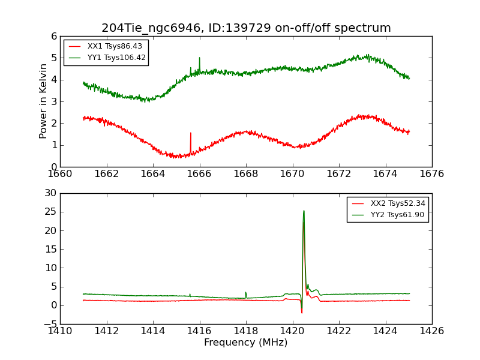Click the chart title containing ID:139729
tap(246, 28)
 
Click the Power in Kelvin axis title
tap(43, 101)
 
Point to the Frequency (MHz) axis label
tap(246, 343)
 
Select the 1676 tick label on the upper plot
tap(431, 174)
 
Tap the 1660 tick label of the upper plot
tap(60, 174)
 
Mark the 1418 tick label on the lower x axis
tap(246, 331)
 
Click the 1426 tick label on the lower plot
tap(431, 331)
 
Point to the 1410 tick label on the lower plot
tap(60, 331)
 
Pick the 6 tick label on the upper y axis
tap(54, 36)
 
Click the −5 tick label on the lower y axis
tap(50, 324)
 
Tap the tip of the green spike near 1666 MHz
tap(199, 58)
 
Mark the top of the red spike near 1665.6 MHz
tap(191, 133)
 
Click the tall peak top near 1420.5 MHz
tap(304, 211)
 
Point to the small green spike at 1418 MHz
tap(245, 292)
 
